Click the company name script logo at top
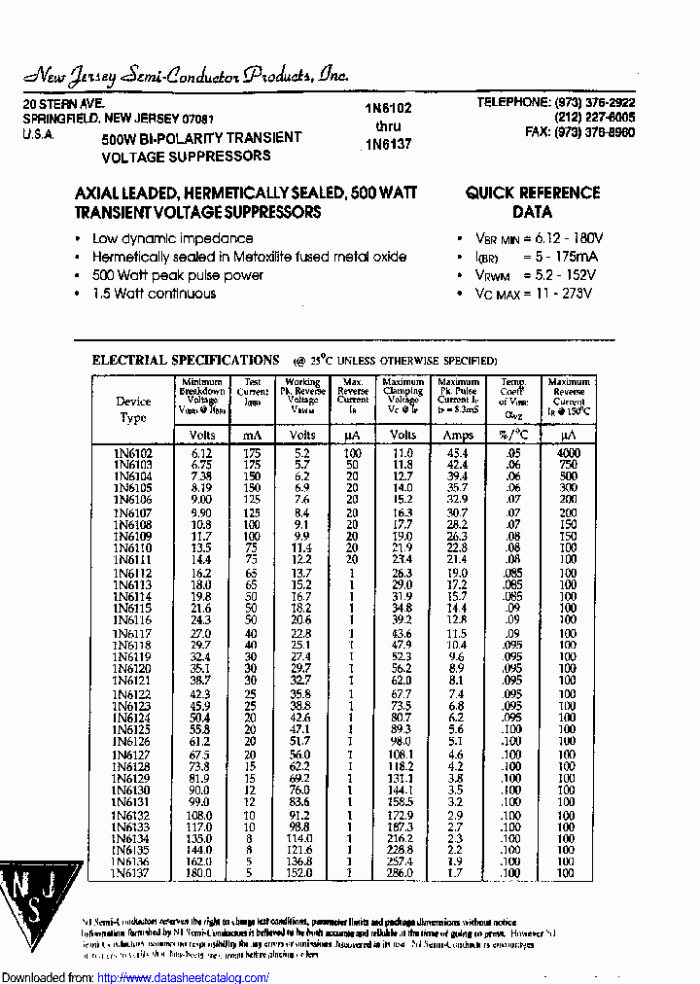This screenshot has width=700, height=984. [x=185, y=76]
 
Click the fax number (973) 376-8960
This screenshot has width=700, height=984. [x=579, y=133]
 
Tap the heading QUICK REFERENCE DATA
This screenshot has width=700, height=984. [x=532, y=202]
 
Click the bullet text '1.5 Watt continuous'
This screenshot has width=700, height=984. [x=154, y=294]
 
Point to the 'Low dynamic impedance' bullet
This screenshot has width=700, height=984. [x=172, y=238]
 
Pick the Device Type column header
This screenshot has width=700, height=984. [x=133, y=409]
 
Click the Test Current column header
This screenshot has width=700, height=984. [x=253, y=393]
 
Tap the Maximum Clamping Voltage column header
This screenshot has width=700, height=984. [x=402, y=396]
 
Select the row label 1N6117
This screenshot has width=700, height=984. [x=132, y=633]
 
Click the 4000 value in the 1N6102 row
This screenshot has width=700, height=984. [x=569, y=453]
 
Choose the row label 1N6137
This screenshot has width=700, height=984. [x=132, y=873]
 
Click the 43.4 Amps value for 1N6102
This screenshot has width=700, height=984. [x=458, y=453]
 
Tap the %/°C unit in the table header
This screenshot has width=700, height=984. [x=513, y=435]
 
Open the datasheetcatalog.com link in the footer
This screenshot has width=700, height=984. [x=184, y=977]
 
